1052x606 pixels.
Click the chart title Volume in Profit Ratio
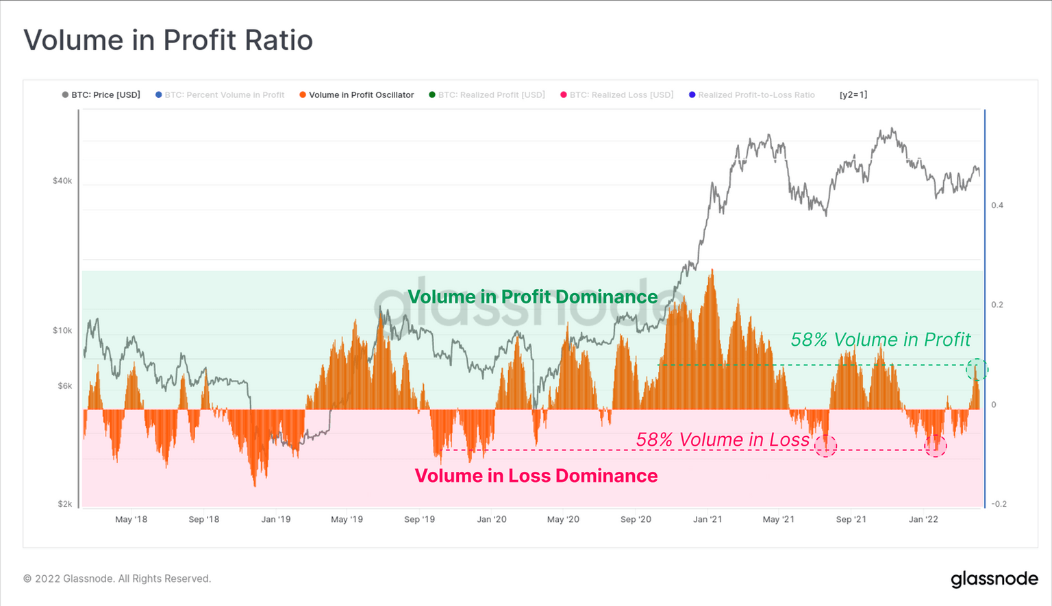coord(168,40)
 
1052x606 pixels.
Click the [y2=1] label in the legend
coord(853,95)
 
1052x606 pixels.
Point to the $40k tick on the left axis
coord(62,181)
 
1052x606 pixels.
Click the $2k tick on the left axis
coord(64,504)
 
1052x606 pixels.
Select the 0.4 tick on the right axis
coord(997,205)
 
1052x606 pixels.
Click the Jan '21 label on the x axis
coord(707,520)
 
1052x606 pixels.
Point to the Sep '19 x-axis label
coord(419,520)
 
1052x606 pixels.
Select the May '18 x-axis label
coord(131,520)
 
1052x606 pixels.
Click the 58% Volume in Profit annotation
coord(881,340)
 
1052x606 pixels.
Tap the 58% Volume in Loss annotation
coord(723,440)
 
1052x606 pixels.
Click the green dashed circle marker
coord(977,370)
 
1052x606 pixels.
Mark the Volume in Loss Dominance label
coord(536,476)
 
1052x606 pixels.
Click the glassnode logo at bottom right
coord(994,579)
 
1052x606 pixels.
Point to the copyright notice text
coord(117,579)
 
